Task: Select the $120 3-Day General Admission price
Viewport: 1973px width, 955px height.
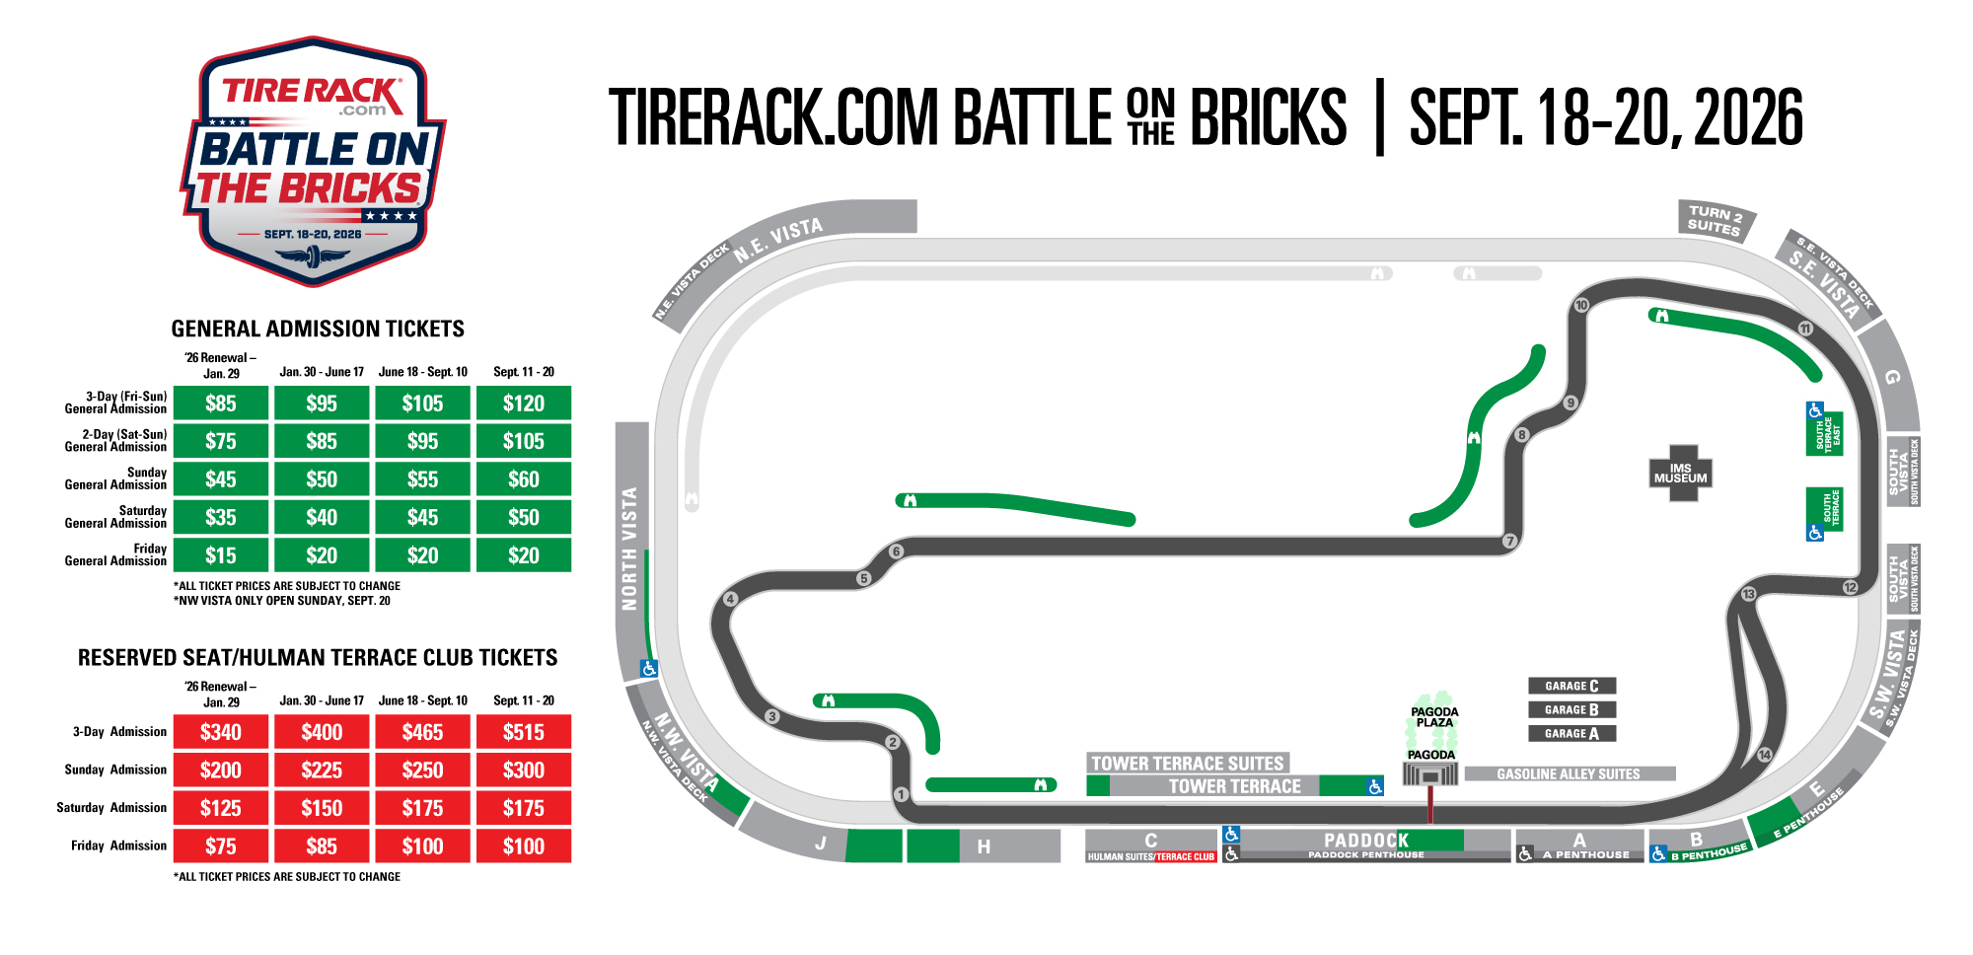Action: click(x=523, y=404)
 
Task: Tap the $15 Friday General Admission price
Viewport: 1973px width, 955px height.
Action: click(x=220, y=555)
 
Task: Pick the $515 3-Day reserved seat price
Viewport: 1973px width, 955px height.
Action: click(x=523, y=732)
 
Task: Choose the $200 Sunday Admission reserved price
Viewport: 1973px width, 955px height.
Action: click(x=220, y=771)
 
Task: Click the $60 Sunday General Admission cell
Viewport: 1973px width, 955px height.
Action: click(x=523, y=479)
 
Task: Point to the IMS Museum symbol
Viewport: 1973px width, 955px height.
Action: click(x=1680, y=474)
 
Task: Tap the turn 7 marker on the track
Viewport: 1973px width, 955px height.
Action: click(x=1509, y=541)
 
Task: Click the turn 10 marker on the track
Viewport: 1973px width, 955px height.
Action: click(x=1581, y=305)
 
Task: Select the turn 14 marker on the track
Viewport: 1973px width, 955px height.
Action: click(x=1765, y=755)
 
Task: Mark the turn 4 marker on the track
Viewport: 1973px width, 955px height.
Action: click(x=730, y=599)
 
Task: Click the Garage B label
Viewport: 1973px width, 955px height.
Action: click(x=1571, y=709)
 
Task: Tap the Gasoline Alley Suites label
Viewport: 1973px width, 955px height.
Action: click(x=1569, y=774)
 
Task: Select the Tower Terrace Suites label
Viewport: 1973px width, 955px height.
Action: click(x=1188, y=763)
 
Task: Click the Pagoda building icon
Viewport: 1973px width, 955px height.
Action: click(x=1430, y=775)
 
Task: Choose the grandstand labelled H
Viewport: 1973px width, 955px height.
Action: click(x=984, y=845)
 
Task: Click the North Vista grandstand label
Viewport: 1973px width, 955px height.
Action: click(x=629, y=548)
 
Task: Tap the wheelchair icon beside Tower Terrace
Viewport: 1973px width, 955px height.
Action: click(x=1375, y=786)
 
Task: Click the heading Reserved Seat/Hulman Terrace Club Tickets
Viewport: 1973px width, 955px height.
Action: click(x=318, y=658)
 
